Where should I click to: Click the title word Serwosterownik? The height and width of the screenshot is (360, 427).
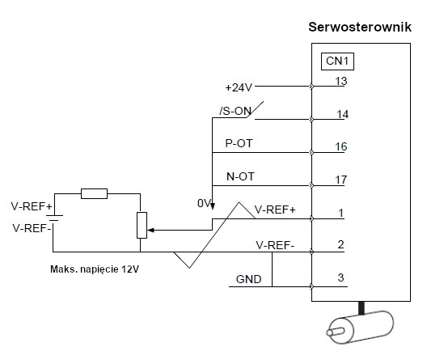(x=360, y=28)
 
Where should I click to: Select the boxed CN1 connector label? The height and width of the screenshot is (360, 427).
(x=337, y=61)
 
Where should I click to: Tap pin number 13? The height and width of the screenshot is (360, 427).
(x=341, y=81)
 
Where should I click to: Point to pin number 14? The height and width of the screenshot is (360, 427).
(x=342, y=114)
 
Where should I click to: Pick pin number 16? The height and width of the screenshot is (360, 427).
(x=341, y=147)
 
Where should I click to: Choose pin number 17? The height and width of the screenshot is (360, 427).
(x=341, y=180)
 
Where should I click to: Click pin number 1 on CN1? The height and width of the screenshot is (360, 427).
(x=340, y=213)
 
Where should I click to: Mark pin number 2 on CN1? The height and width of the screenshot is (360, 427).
(x=340, y=244)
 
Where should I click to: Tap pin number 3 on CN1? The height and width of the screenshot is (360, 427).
(x=340, y=277)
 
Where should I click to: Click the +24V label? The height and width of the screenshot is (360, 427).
(x=239, y=87)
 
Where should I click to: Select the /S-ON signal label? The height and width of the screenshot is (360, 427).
(x=235, y=111)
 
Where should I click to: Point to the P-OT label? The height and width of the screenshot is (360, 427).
(x=239, y=143)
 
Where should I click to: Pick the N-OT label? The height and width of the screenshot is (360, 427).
(x=240, y=176)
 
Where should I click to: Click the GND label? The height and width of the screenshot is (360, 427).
(x=248, y=279)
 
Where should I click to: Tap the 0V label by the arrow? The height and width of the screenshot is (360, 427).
(x=204, y=203)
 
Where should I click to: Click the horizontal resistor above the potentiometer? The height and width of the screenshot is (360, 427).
(x=95, y=193)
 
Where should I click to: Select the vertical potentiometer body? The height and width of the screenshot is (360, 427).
(x=142, y=225)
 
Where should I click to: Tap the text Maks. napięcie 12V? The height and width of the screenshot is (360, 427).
(x=95, y=269)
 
